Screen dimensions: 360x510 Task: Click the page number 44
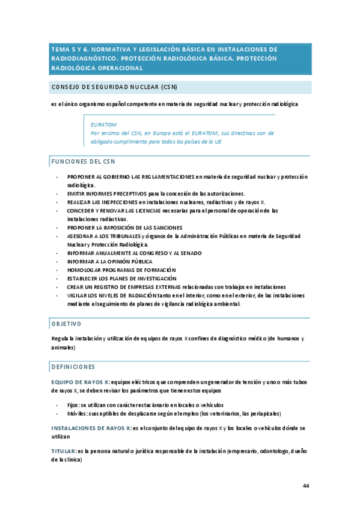(306, 486)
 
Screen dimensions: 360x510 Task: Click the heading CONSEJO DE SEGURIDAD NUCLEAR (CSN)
(114, 87)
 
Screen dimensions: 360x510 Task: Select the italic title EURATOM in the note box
(105, 124)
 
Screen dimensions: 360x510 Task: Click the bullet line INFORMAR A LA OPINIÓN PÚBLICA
(110, 262)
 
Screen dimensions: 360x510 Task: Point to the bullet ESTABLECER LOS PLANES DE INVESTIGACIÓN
(122, 278)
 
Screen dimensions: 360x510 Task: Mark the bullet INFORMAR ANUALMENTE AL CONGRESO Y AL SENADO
(135, 253)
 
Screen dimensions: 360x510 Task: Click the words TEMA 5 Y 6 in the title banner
(69, 49)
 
